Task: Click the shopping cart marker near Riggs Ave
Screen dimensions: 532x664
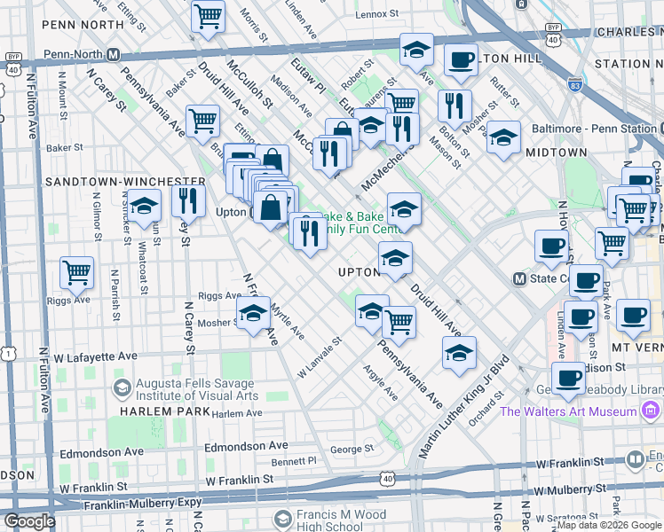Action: tap(76, 271)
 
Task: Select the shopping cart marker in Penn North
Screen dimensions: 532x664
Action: tap(208, 15)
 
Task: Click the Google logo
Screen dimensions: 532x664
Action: tap(29, 521)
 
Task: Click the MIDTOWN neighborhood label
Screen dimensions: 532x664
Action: tap(557, 153)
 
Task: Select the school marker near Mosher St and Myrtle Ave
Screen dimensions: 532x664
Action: tap(253, 313)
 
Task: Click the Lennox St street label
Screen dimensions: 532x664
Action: tap(376, 15)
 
